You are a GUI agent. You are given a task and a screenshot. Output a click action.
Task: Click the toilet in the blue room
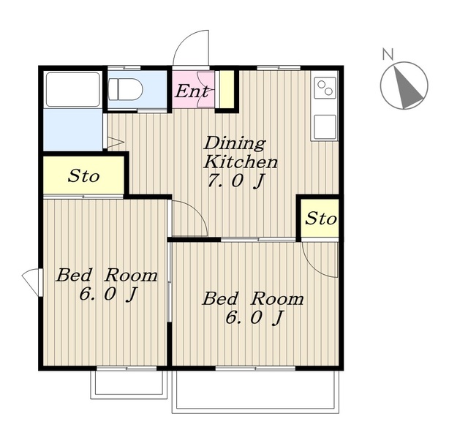pyautogui.click(x=125, y=89)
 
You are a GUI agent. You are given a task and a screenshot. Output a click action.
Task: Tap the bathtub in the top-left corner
pyautogui.click(x=73, y=89)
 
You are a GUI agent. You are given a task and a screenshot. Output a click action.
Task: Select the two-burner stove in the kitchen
pyautogui.click(x=325, y=88)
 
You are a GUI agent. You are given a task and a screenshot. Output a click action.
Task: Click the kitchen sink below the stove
pyautogui.click(x=325, y=126)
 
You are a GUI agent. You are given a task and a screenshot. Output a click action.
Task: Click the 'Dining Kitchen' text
pyautogui.click(x=240, y=152)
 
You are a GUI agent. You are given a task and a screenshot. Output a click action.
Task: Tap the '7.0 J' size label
pyautogui.click(x=236, y=181)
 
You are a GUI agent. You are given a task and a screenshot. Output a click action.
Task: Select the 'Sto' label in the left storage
pyautogui.click(x=83, y=176)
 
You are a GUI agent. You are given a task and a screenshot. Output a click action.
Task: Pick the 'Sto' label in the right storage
pyautogui.click(x=320, y=219)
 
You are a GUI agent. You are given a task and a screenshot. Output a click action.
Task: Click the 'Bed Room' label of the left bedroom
pyautogui.click(x=107, y=275)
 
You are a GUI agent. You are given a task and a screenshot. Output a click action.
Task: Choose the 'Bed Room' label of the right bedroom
pyautogui.click(x=253, y=299)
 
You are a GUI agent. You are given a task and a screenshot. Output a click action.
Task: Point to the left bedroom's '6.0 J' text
pyautogui.click(x=107, y=295)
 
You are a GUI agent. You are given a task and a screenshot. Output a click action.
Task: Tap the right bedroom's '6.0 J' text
pyautogui.click(x=254, y=318)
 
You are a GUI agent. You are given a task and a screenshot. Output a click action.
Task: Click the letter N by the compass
pyautogui.click(x=388, y=54)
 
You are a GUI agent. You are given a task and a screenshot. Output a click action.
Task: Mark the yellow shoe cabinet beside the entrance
pyautogui.click(x=227, y=89)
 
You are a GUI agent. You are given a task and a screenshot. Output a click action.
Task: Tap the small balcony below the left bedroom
pyautogui.click(x=129, y=384)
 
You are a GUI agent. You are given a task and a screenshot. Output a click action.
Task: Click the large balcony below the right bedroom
pyautogui.click(x=255, y=392)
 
